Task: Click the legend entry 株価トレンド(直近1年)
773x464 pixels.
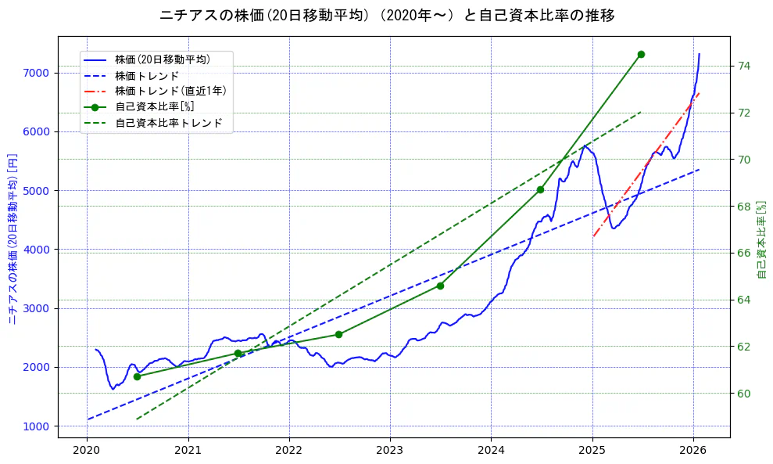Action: [170, 91]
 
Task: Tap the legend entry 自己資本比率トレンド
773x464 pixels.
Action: [168, 123]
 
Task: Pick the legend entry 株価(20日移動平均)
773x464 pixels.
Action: [162, 59]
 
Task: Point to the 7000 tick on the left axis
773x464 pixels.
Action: [38, 73]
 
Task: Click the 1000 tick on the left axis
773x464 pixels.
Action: [38, 426]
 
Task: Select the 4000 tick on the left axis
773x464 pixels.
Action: [38, 250]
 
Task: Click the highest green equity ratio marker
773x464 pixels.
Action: [641, 54]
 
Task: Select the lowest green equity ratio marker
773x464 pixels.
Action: [137, 376]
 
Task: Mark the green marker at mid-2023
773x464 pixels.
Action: [440, 286]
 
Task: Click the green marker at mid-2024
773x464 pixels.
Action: [540, 189]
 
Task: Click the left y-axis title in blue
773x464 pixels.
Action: [13, 239]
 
